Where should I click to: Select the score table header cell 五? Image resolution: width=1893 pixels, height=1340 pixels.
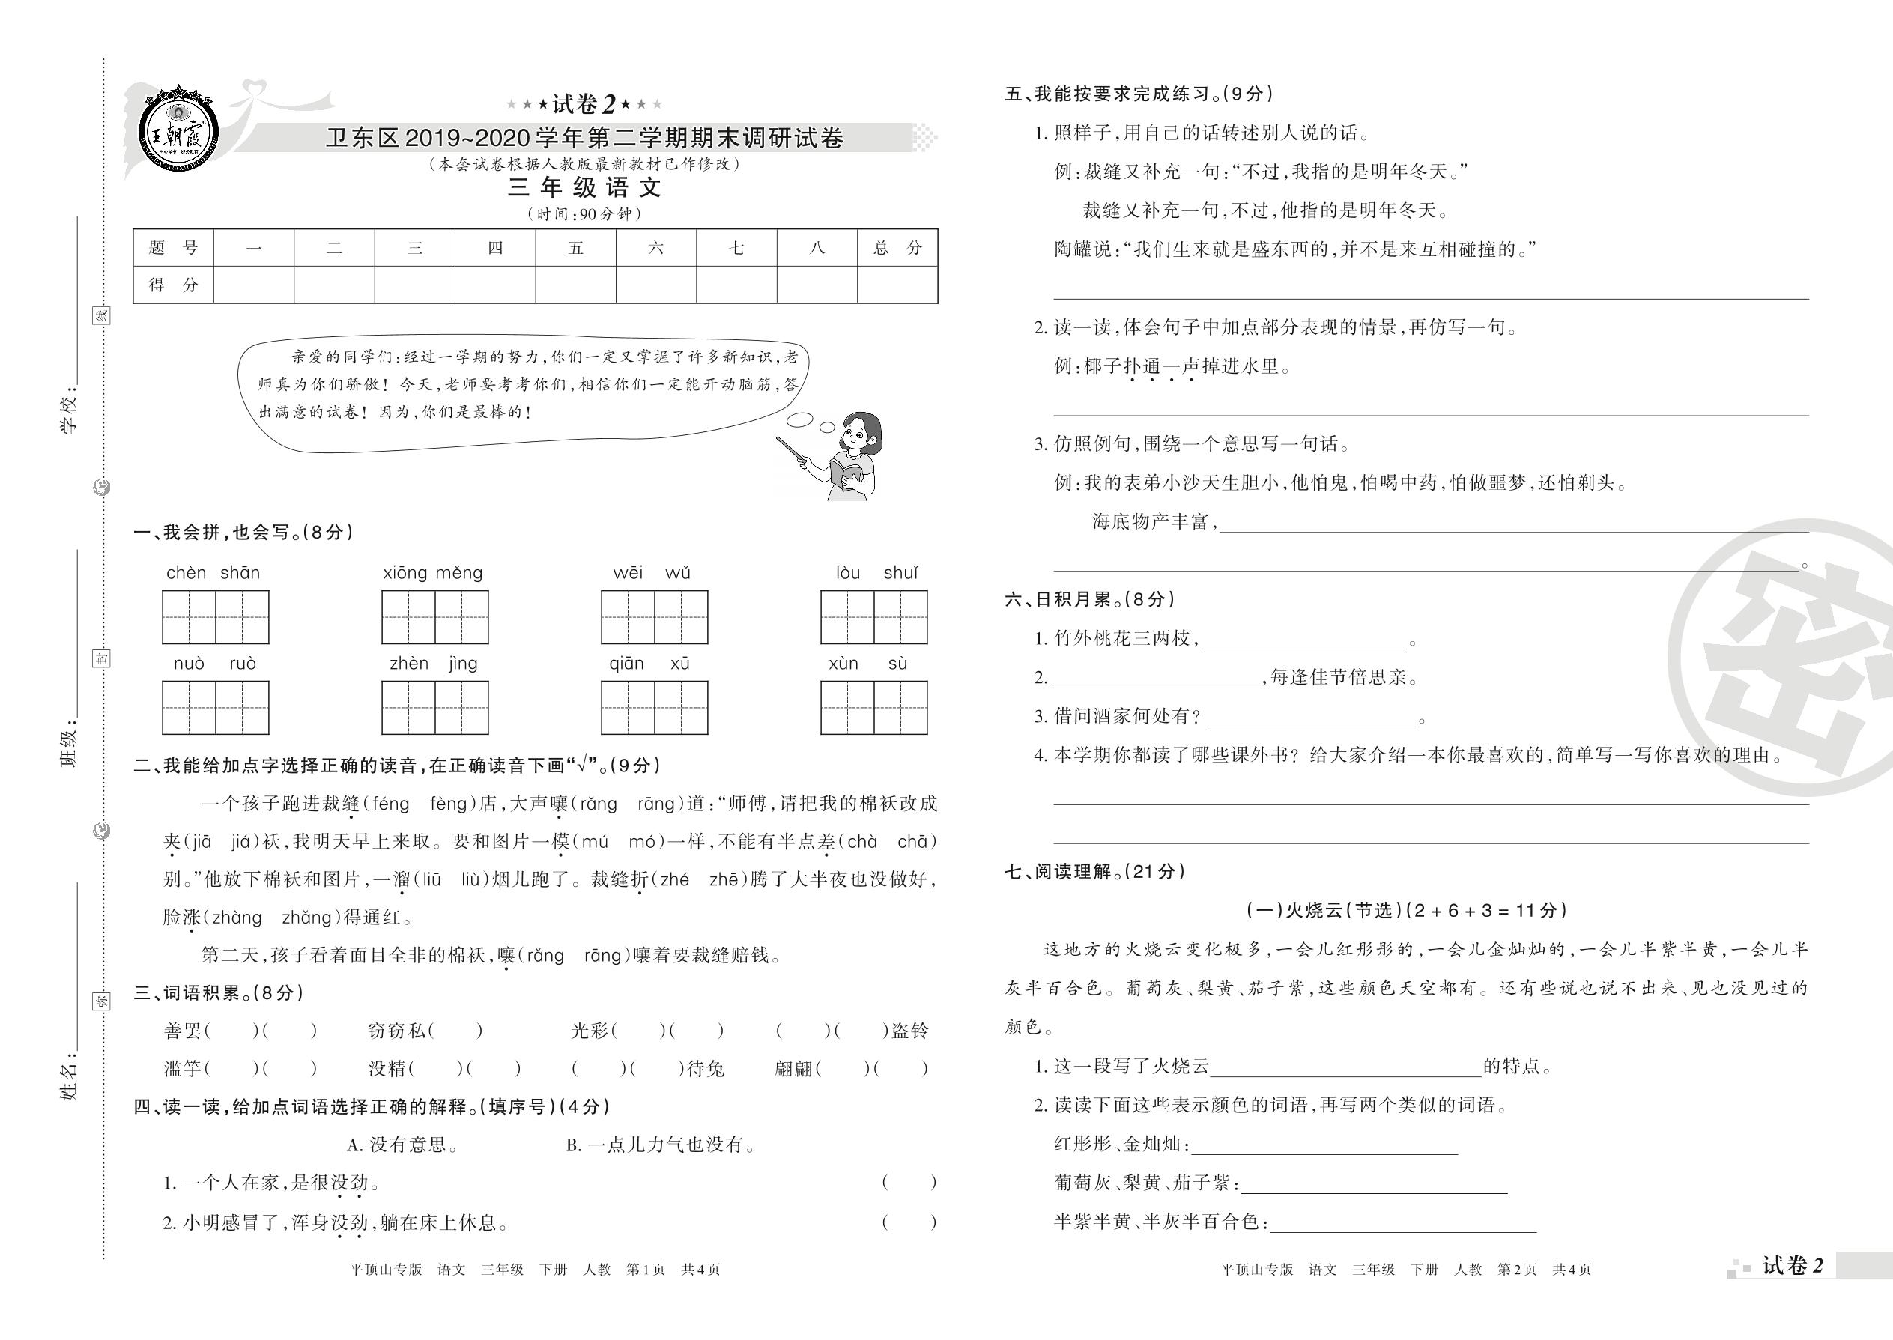click(575, 247)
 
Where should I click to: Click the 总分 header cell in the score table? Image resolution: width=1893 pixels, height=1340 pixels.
click(897, 247)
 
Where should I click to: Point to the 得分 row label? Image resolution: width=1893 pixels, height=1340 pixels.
click(173, 285)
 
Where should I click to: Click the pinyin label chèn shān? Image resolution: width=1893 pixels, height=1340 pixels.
click(213, 573)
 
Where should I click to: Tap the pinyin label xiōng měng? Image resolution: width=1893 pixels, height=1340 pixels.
click(432, 573)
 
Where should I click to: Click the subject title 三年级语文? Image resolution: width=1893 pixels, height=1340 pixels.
click(584, 188)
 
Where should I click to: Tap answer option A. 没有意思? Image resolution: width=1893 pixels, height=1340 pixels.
click(403, 1145)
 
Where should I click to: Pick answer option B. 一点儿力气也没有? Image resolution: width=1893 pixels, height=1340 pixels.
click(660, 1145)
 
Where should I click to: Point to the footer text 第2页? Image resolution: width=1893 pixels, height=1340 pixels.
click(1517, 1270)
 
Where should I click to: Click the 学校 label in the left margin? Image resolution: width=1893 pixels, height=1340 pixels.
click(70, 413)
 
